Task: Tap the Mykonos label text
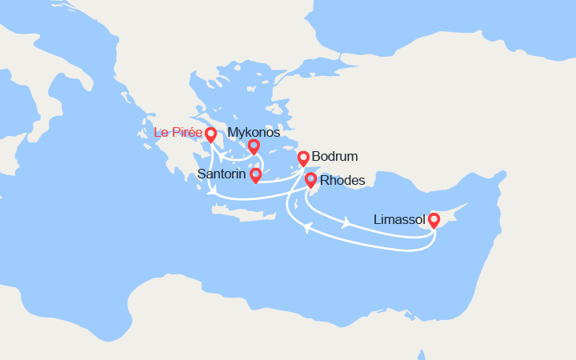[x=254, y=133]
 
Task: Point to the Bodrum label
[x=335, y=157]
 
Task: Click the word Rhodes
[x=342, y=181]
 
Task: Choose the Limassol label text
[x=399, y=219]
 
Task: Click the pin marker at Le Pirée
[x=211, y=135]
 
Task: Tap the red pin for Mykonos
[x=254, y=146]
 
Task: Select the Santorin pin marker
[x=255, y=174]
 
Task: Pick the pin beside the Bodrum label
[x=303, y=158]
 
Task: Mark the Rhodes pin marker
[x=310, y=180]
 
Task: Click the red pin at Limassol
[x=434, y=219]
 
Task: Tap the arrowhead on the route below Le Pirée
[x=212, y=190]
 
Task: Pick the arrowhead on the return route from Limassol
[x=306, y=230]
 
